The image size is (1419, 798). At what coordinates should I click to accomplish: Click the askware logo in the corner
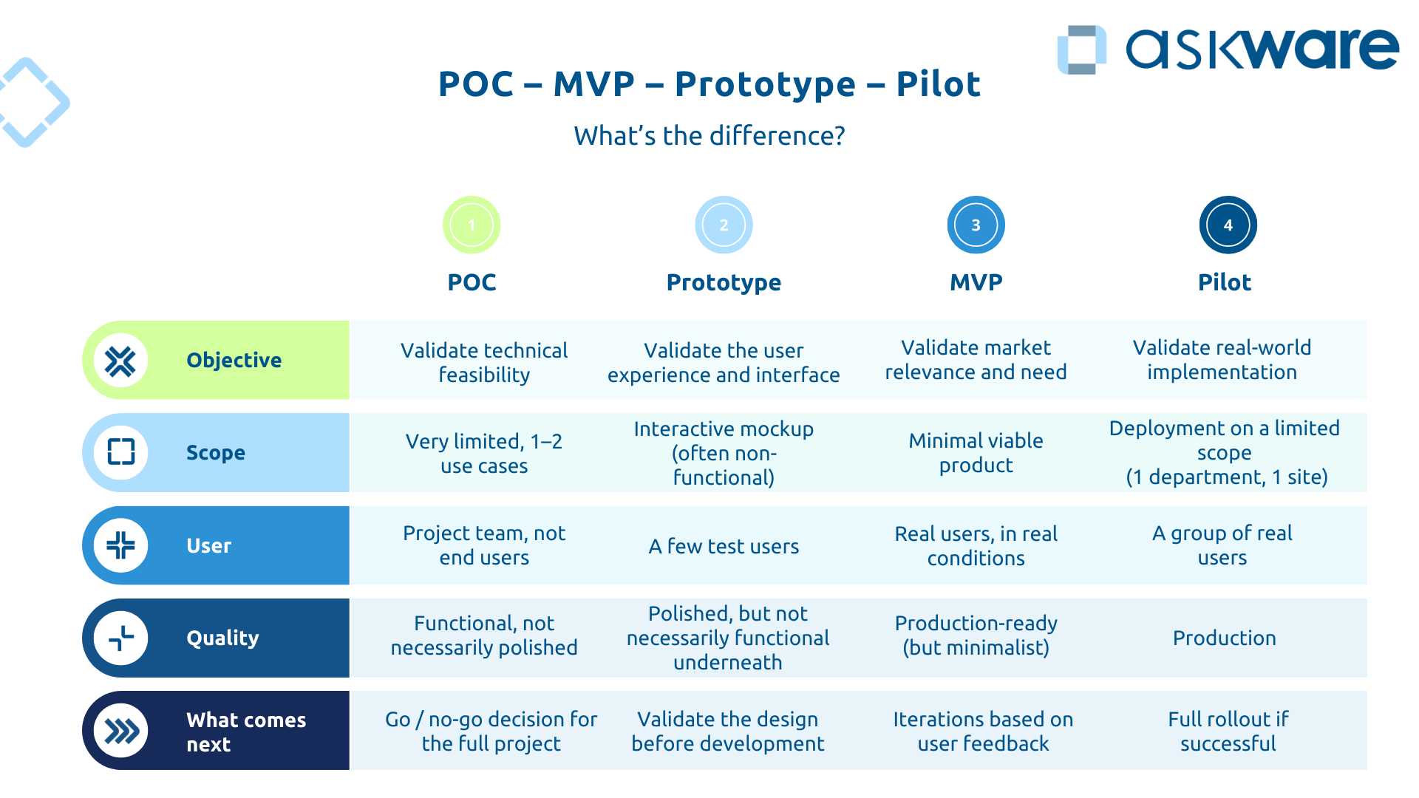pyautogui.click(x=1227, y=50)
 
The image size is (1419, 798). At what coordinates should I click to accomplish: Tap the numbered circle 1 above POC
pyautogui.click(x=472, y=225)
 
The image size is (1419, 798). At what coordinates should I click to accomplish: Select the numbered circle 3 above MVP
pyautogui.click(x=976, y=225)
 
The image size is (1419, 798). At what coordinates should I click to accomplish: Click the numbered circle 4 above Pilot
pyautogui.click(x=1228, y=225)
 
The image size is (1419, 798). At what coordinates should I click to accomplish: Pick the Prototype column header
pyautogui.click(x=724, y=282)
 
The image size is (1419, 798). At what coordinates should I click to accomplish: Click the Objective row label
pyautogui.click(x=234, y=360)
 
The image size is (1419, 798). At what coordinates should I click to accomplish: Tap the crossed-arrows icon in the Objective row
pyautogui.click(x=120, y=361)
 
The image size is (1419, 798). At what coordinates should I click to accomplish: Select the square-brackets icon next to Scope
pyautogui.click(x=120, y=452)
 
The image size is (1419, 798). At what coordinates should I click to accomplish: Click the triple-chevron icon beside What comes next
pyautogui.click(x=121, y=731)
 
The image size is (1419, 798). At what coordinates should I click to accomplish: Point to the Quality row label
pyautogui.click(x=222, y=638)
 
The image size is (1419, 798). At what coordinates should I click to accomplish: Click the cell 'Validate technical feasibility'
pyautogui.click(x=484, y=362)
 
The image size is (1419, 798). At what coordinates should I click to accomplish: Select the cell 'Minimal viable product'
pyautogui.click(x=976, y=452)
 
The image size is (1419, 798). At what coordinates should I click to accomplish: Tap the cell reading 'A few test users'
pyautogui.click(x=724, y=546)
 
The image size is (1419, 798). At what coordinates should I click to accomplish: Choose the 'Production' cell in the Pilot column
pyautogui.click(x=1224, y=638)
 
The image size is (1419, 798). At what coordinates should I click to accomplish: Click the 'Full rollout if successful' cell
pyautogui.click(x=1228, y=731)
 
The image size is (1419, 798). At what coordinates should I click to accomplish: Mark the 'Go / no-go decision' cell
pyautogui.click(x=491, y=731)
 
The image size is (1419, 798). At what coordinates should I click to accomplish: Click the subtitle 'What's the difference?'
pyautogui.click(x=709, y=136)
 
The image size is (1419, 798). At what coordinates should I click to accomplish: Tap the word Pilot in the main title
pyautogui.click(x=938, y=84)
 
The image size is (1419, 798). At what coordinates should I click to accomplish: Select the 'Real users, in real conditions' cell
pyautogui.click(x=976, y=545)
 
